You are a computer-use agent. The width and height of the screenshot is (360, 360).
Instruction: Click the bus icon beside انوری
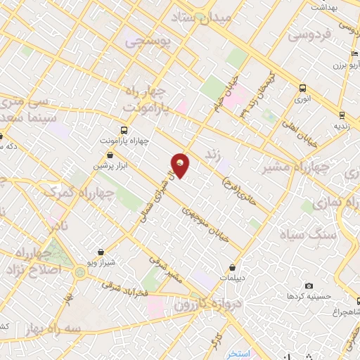[302, 89]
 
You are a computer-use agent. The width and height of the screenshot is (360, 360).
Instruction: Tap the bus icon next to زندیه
[342, 115]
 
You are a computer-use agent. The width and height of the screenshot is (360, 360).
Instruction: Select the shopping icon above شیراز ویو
[103, 252]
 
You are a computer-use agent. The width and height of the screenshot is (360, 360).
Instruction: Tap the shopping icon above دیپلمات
[233, 267]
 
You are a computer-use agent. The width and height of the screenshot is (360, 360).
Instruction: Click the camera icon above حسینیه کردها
[309, 285]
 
